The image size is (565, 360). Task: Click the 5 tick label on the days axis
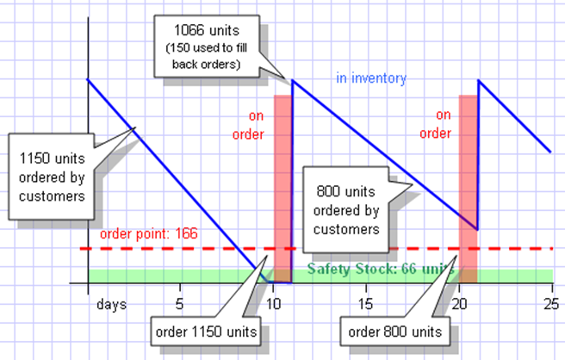coord(179,304)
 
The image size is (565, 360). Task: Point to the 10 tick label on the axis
coord(273,304)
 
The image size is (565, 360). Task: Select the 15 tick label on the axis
coord(365,304)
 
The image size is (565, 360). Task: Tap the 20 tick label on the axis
coord(458,304)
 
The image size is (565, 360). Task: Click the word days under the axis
coord(111,304)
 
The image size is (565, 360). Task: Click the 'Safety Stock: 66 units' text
coord(379,269)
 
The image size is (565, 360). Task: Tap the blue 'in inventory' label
coord(370,78)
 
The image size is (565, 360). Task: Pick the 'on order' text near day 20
coord(443,123)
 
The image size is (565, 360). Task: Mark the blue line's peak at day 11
coord(293,81)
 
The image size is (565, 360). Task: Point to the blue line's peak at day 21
coord(479,81)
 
